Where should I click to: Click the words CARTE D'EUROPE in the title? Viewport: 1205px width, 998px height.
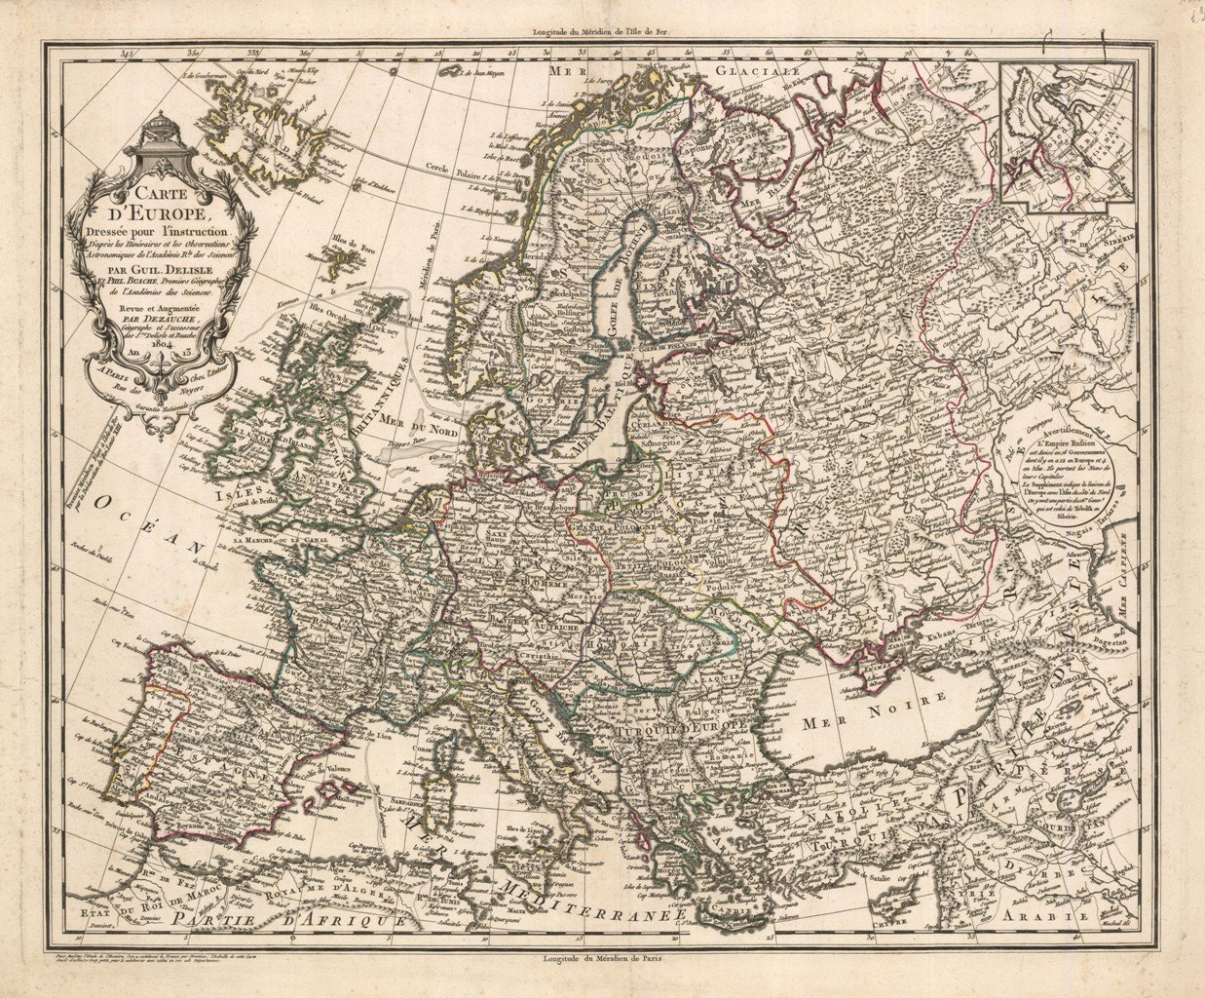[155, 201]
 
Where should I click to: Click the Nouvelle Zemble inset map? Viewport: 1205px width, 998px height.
[1067, 131]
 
